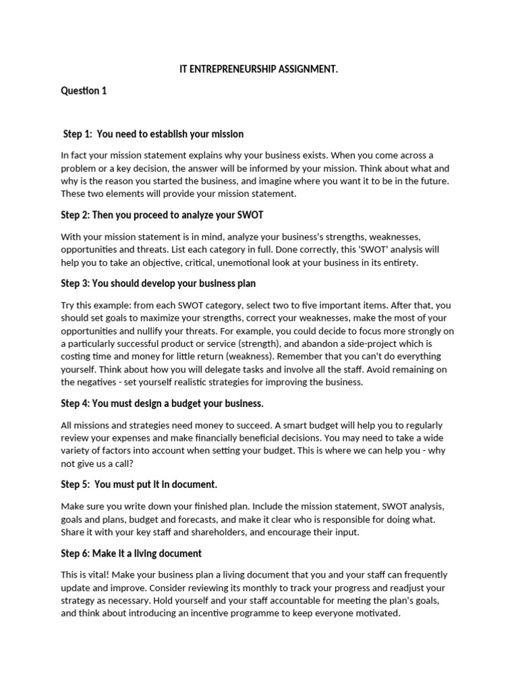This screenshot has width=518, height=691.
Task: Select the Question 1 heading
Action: click(x=84, y=90)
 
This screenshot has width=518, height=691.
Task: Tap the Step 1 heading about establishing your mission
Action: click(x=153, y=134)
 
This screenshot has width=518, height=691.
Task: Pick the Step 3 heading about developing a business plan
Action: click(x=159, y=283)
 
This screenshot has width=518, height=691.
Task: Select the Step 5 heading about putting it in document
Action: click(x=139, y=484)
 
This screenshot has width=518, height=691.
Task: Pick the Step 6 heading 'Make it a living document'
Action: click(x=132, y=553)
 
